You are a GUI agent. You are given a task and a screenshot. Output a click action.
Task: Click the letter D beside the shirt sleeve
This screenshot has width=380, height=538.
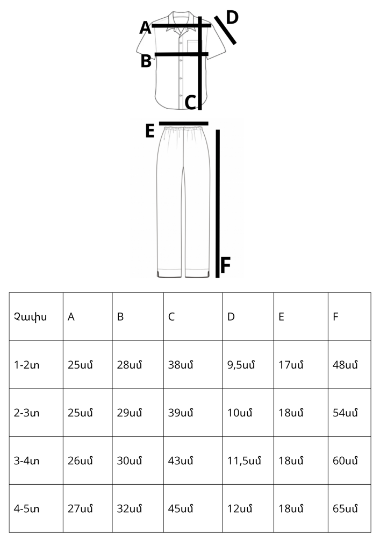click(x=232, y=18)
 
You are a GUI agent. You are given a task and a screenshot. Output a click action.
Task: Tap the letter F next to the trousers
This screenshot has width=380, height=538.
click(x=225, y=265)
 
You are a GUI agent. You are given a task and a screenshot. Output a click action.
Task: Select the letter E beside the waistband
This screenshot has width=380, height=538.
click(x=150, y=131)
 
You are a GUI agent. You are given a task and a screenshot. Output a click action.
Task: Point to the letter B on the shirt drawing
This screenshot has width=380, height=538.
click(x=146, y=61)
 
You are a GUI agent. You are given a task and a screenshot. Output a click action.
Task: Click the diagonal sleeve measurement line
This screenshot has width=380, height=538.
click(x=225, y=30)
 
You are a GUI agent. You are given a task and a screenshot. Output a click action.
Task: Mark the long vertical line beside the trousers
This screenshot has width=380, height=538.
click(x=217, y=203)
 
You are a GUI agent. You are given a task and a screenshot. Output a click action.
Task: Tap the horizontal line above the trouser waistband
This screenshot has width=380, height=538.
click(x=184, y=124)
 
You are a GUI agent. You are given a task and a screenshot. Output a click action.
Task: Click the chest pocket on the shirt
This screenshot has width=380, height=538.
click(x=195, y=47)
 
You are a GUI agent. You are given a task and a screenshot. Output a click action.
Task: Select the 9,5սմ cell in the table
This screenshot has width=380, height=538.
click(x=241, y=365)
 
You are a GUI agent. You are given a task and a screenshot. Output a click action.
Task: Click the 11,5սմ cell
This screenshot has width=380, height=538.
click(x=244, y=461)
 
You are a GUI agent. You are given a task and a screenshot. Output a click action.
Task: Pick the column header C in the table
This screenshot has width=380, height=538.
click(x=171, y=317)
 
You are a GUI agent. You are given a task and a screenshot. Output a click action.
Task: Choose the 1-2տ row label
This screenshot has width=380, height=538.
click(x=26, y=365)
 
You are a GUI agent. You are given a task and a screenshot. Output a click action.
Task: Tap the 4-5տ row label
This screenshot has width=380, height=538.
click(x=26, y=508)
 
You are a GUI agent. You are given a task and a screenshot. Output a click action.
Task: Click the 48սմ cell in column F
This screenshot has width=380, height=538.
click(x=345, y=365)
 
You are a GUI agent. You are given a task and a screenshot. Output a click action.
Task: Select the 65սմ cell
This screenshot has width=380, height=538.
click(x=345, y=508)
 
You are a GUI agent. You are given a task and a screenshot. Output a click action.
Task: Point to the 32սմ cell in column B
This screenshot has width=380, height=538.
click(x=129, y=508)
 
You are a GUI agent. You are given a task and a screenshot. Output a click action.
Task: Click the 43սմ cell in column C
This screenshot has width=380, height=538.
click(x=181, y=461)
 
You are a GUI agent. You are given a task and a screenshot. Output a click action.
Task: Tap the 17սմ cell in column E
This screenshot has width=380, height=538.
click(x=291, y=365)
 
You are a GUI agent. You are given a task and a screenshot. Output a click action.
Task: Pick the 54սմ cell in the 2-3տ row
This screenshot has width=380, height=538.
click(x=345, y=413)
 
